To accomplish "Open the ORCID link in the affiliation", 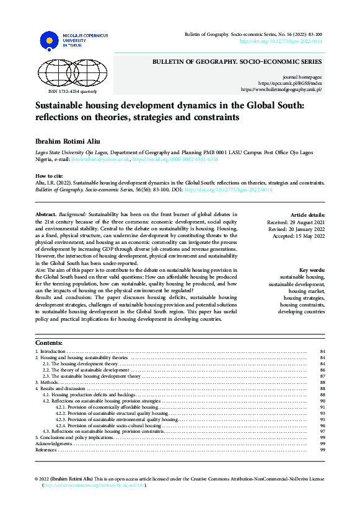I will tap(175, 159).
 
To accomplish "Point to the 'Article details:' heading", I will tap(307, 214).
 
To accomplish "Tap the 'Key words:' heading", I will tap(312, 270).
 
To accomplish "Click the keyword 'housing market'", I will tap(306, 290).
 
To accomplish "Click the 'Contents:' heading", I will tap(49, 343).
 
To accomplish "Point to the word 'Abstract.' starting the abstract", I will tap(46, 214).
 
